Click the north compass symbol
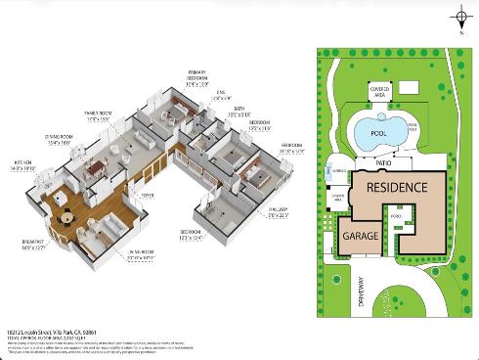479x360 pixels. [x=460, y=18]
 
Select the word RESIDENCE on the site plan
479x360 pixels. [x=397, y=187]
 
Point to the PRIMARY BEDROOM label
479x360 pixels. [x=199, y=76]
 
